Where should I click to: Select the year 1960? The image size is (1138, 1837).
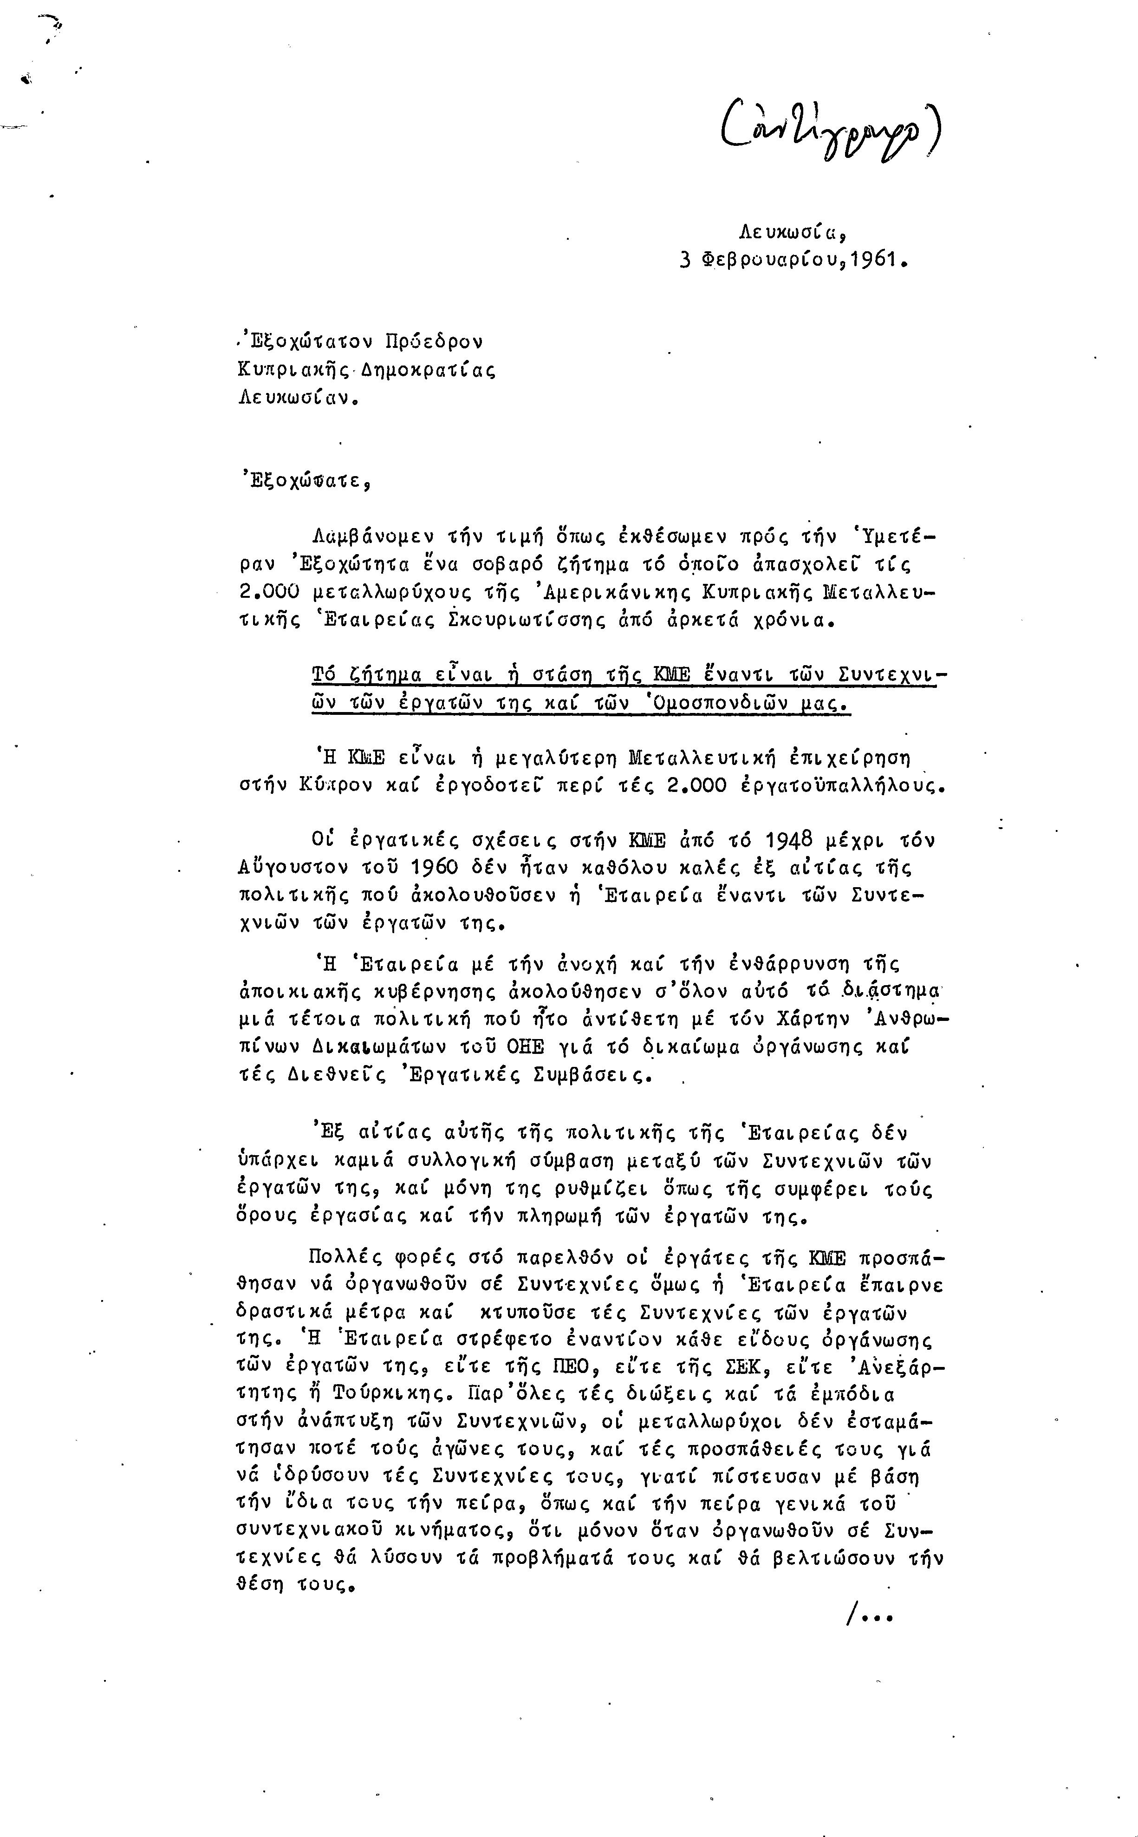435,867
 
